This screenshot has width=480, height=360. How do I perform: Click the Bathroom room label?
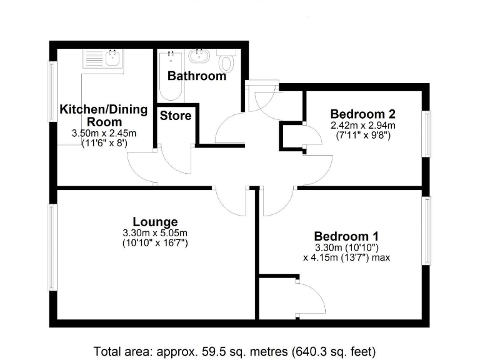(196, 76)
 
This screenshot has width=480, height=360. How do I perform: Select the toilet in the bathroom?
(226, 62)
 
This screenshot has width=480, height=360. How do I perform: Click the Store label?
(176, 116)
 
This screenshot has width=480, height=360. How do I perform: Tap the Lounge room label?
(155, 221)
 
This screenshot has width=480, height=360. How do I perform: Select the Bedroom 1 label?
(346, 236)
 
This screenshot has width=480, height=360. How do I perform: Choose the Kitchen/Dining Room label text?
(103, 116)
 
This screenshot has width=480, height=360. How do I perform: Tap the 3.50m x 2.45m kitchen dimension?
(104, 132)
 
